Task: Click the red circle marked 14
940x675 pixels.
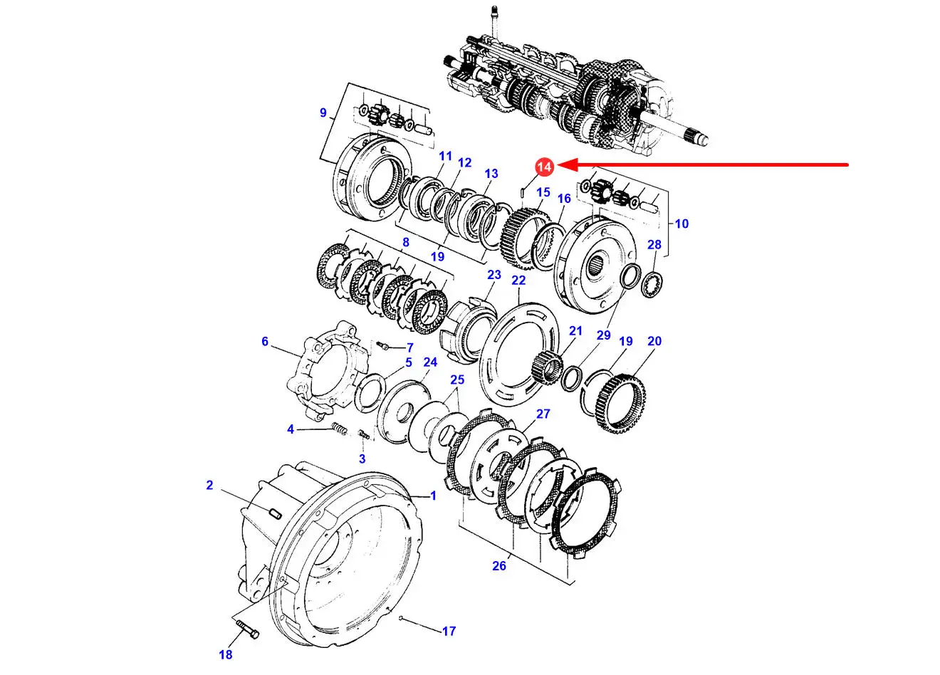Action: pos(544,167)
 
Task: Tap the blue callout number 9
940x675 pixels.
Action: pos(323,112)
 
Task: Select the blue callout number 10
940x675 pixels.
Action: pos(681,224)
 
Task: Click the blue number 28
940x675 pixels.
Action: pos(654,244)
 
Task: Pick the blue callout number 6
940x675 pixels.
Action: pos(265,342)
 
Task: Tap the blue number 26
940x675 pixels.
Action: pos(499,566)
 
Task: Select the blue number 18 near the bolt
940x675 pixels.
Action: pos(225,654)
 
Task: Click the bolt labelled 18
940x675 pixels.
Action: pos(248,629)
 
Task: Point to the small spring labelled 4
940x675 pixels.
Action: pos(340,429)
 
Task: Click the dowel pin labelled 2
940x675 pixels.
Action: pos(275,513)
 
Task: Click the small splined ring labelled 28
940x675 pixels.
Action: pos(654,285)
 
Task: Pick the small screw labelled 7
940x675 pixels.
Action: pos(383,346)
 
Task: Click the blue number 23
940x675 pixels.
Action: pos(494,275)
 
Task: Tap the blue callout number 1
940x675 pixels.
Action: pos(434,496)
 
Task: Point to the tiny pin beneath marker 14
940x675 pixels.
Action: pos(521,192)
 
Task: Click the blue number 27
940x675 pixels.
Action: pos(543,414)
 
